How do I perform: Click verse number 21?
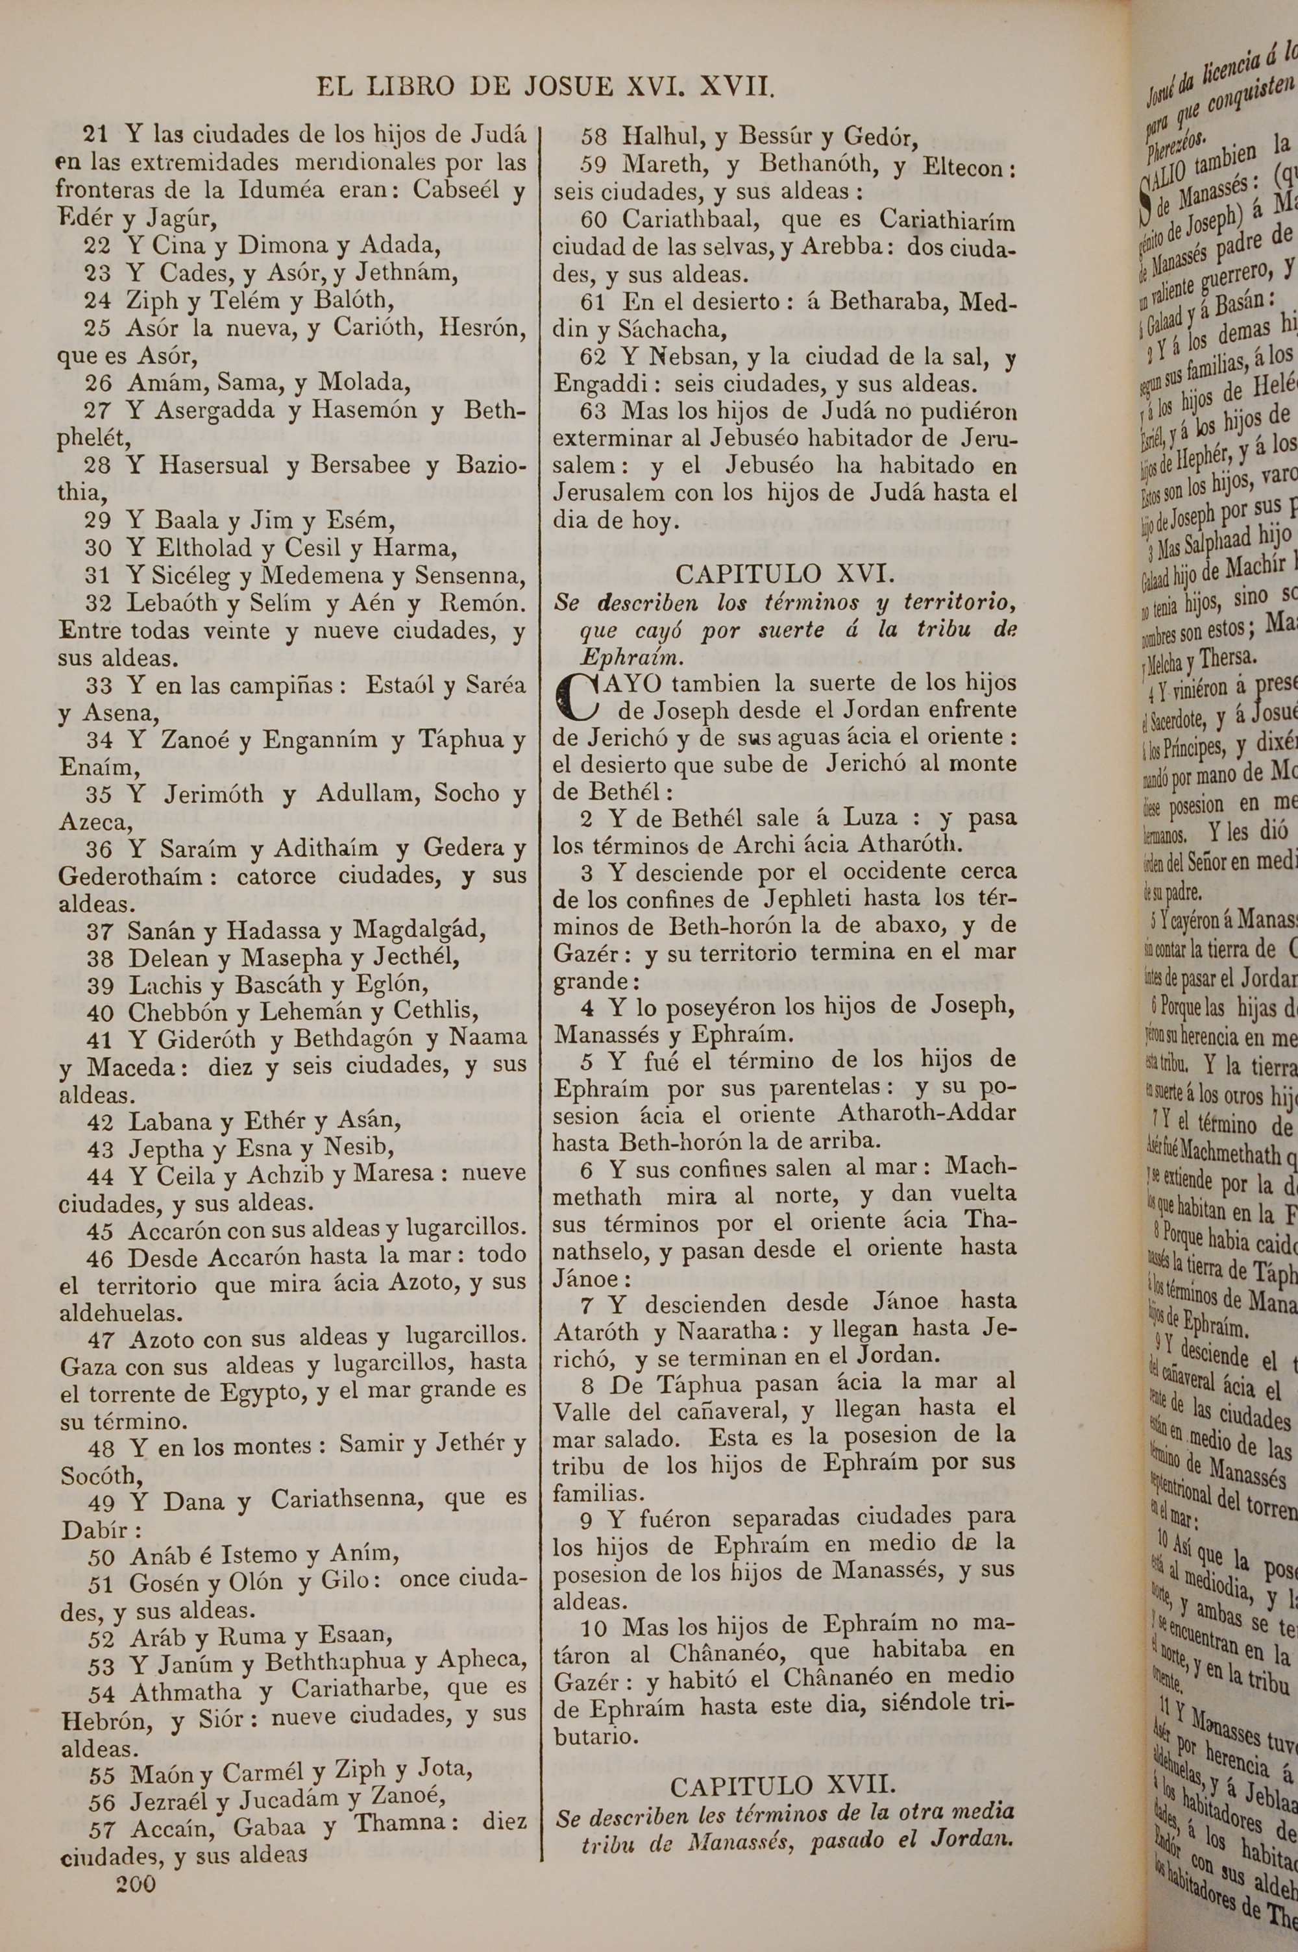(96, 134)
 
